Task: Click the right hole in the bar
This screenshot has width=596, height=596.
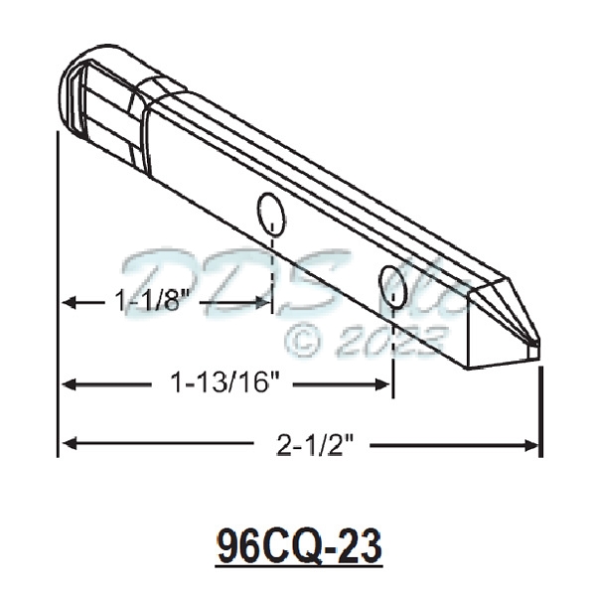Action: point(391,282)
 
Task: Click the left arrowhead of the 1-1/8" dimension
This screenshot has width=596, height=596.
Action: point(68,301)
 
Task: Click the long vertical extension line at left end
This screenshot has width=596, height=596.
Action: point(59,298)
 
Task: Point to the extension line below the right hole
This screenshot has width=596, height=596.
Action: point(394,348)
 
